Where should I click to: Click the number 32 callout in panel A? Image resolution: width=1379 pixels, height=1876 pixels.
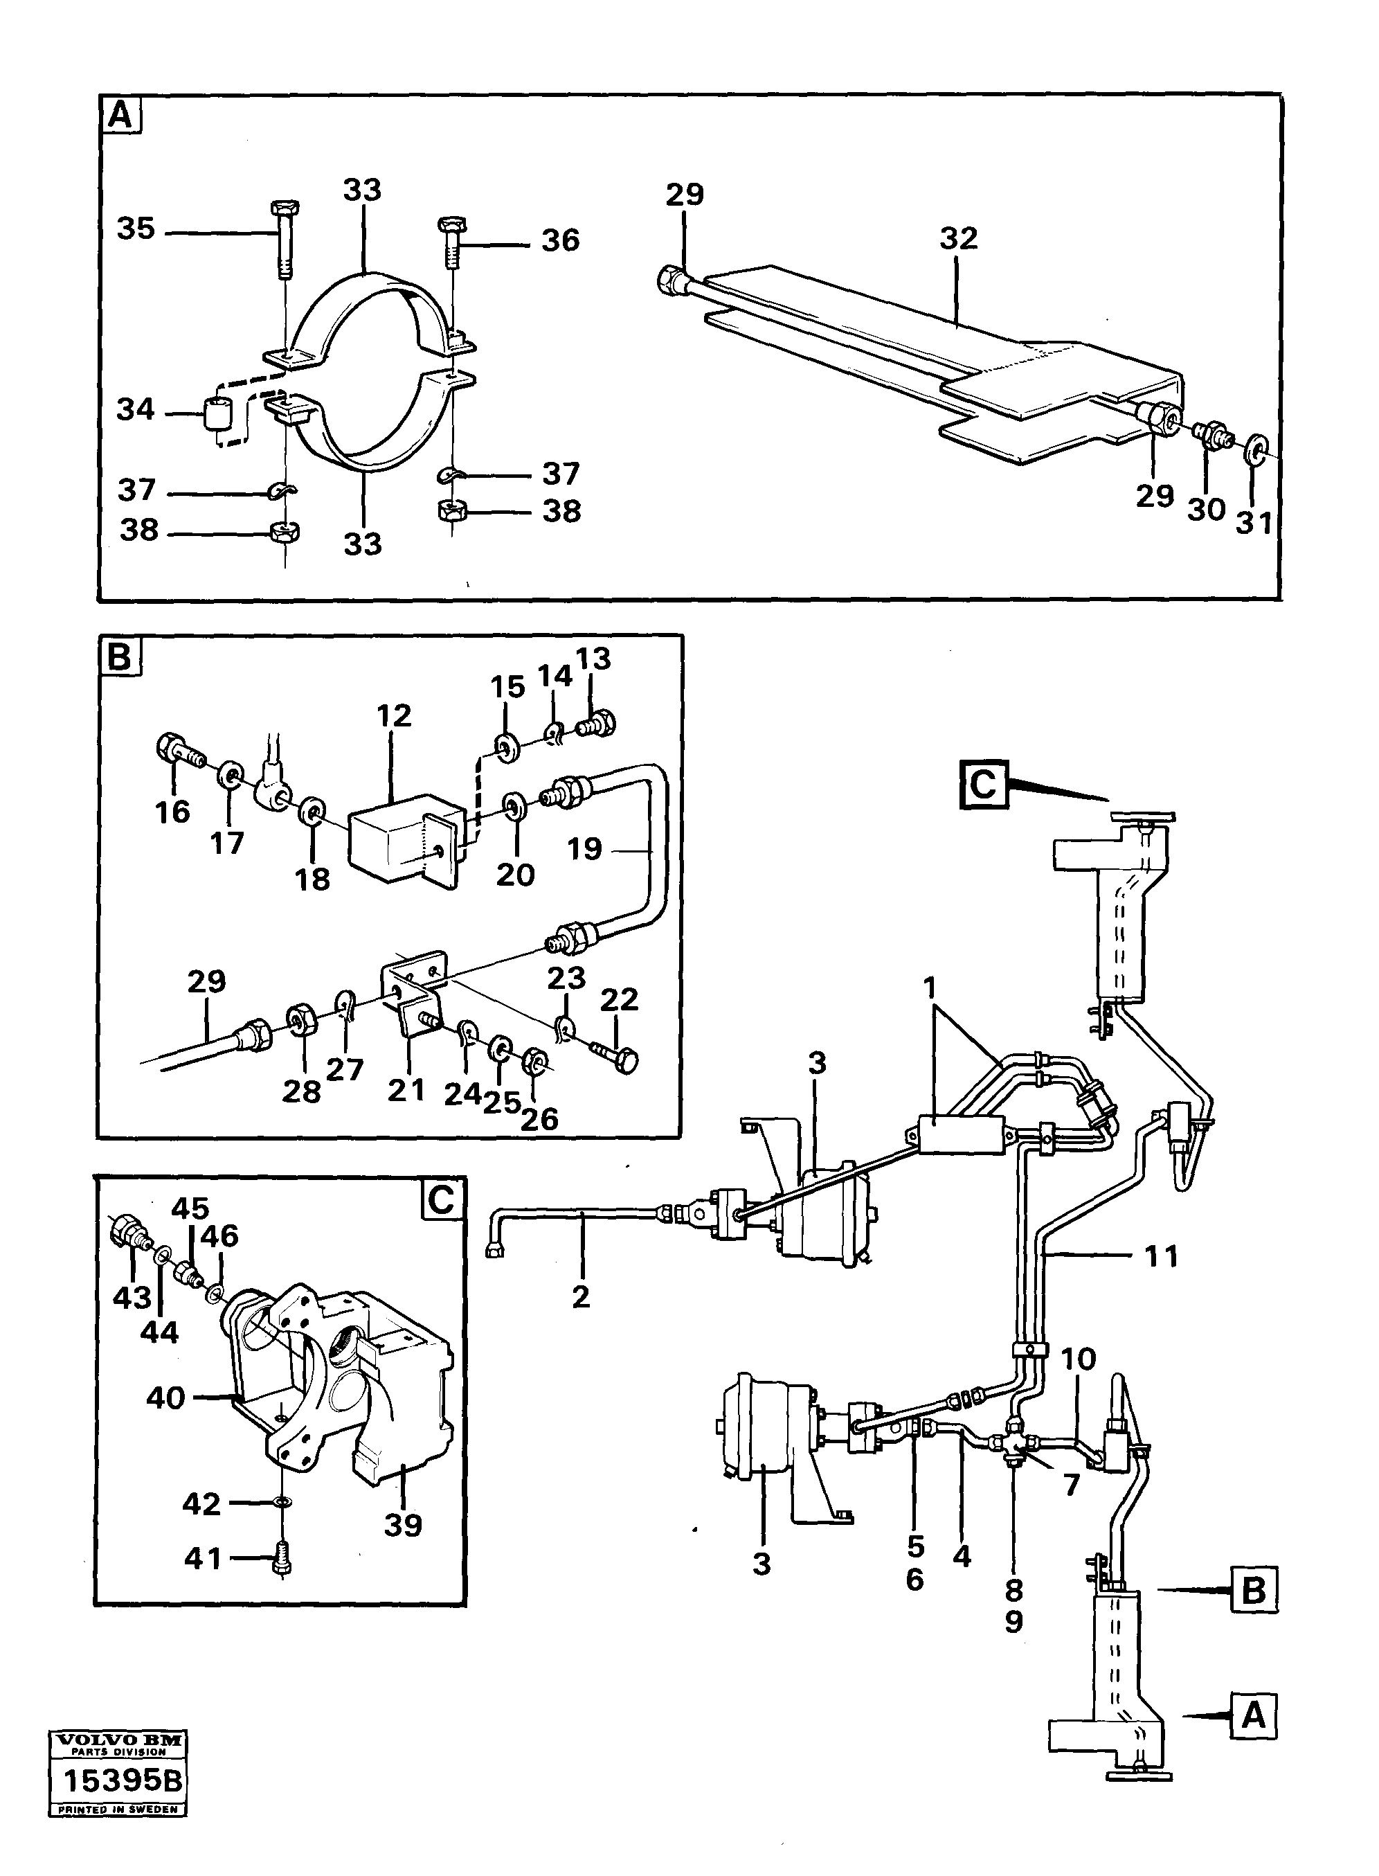[957, 240]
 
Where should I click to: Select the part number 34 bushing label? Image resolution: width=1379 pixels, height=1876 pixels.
[135, 410]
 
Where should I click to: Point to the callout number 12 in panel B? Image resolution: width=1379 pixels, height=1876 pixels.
[394, 715]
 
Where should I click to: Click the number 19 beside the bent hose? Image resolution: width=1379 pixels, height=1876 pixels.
[584, 849]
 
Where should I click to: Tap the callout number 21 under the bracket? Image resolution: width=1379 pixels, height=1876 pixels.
[406, 1089]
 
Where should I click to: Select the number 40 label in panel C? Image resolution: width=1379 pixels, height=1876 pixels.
[165, 1397]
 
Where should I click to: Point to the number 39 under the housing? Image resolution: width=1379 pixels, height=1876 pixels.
[402, 1526]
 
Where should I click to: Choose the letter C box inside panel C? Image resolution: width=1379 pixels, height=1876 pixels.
[441, 1201]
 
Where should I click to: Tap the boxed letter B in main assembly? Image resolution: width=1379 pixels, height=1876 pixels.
[1253, 1591]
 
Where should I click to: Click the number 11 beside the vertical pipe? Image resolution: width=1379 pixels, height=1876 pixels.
[1160, 1256]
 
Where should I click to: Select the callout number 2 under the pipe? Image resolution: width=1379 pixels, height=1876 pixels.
[581, 1296]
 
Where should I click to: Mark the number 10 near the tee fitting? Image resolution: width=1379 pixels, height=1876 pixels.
[1078, 1359]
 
